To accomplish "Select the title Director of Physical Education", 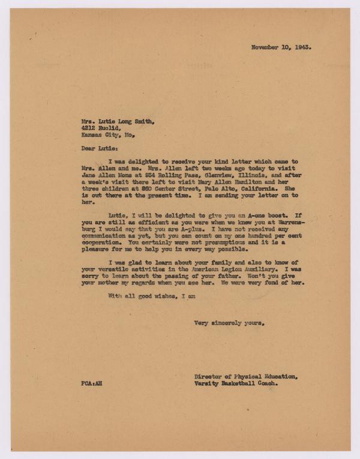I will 245,377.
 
